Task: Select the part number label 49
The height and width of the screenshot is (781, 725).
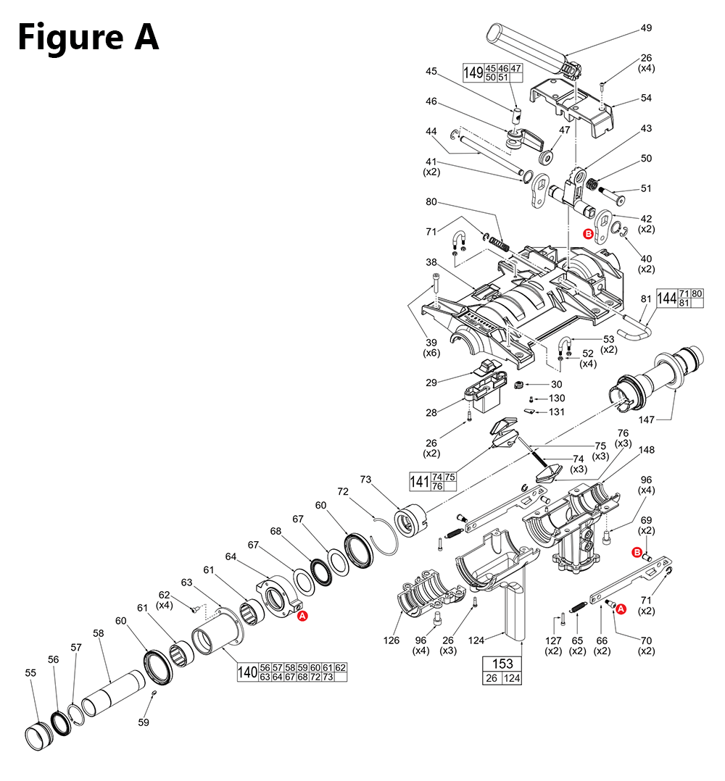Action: [646, 28]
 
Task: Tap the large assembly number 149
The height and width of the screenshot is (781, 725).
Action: [473, 72]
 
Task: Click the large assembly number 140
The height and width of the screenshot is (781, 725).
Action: [247, 672]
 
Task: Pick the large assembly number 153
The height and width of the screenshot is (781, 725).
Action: [502, 663]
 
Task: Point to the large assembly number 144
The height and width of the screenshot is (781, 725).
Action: [666, 298]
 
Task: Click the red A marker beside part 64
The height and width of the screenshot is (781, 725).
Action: [303, 615]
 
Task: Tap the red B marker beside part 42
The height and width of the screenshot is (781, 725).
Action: [588, 233]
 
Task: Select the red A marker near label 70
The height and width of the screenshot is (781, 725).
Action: [621, 610]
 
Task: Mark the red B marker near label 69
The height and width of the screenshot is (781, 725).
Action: [637, 554]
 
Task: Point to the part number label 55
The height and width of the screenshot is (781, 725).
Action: [30, 672]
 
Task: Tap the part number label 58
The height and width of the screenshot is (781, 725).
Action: [99, 632]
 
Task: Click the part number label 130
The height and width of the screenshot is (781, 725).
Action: [557, 398]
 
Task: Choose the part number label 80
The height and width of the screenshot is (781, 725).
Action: [431, 202]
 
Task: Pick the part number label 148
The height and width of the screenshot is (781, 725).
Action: [646, 450]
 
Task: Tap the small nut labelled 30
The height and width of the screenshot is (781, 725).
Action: [519, 384]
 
